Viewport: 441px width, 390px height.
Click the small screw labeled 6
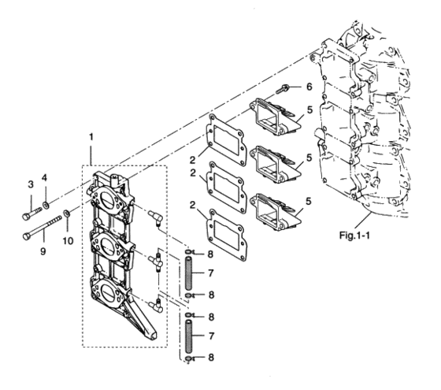pyautogui.click(x=284, y=91)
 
